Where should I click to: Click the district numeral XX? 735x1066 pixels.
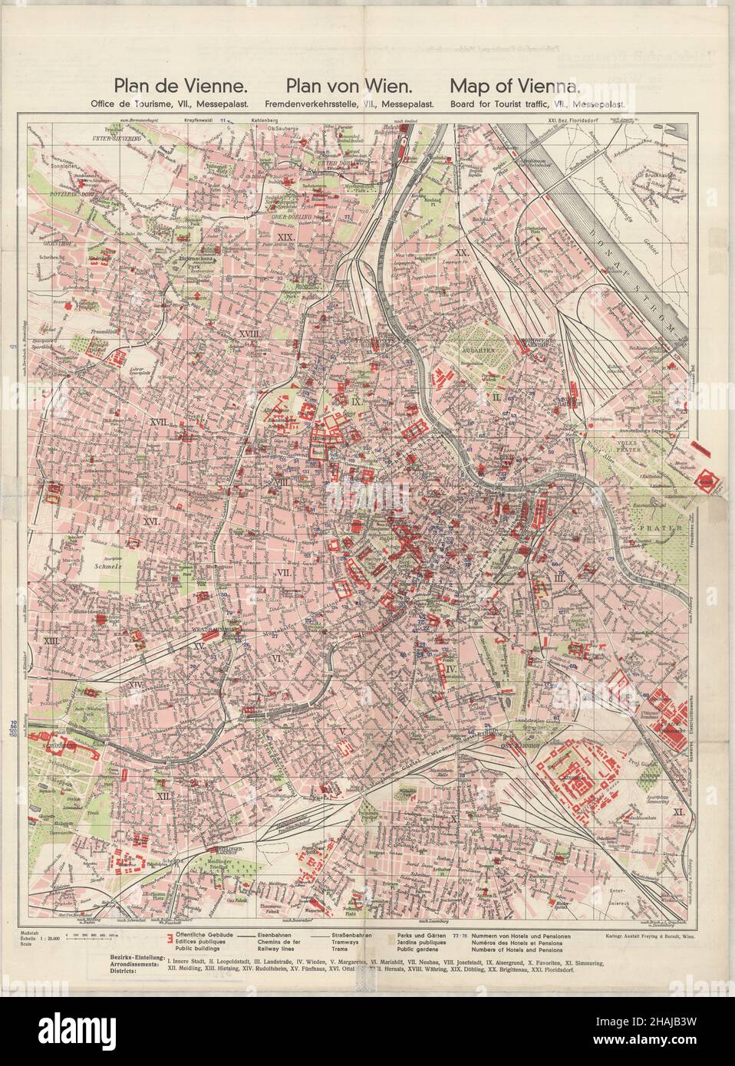[462, 252]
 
